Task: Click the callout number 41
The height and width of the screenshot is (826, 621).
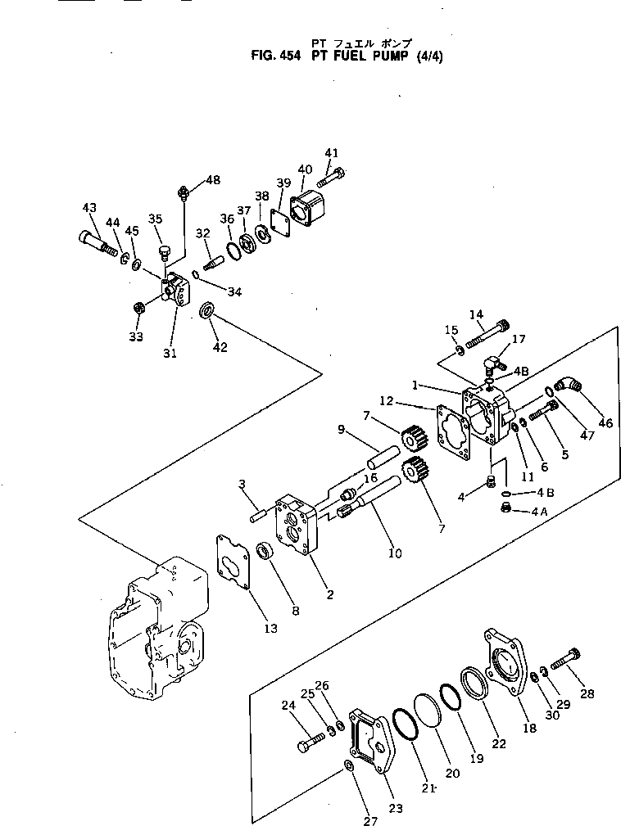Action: [331, 153]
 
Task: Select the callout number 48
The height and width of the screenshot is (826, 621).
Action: [212, 180]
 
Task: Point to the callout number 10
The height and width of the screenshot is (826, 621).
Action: [394, 553]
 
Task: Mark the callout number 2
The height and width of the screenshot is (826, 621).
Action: [329, 594]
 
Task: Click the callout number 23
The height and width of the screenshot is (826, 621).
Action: [396, 809]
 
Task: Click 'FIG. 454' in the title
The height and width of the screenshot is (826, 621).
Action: [277, 57]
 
